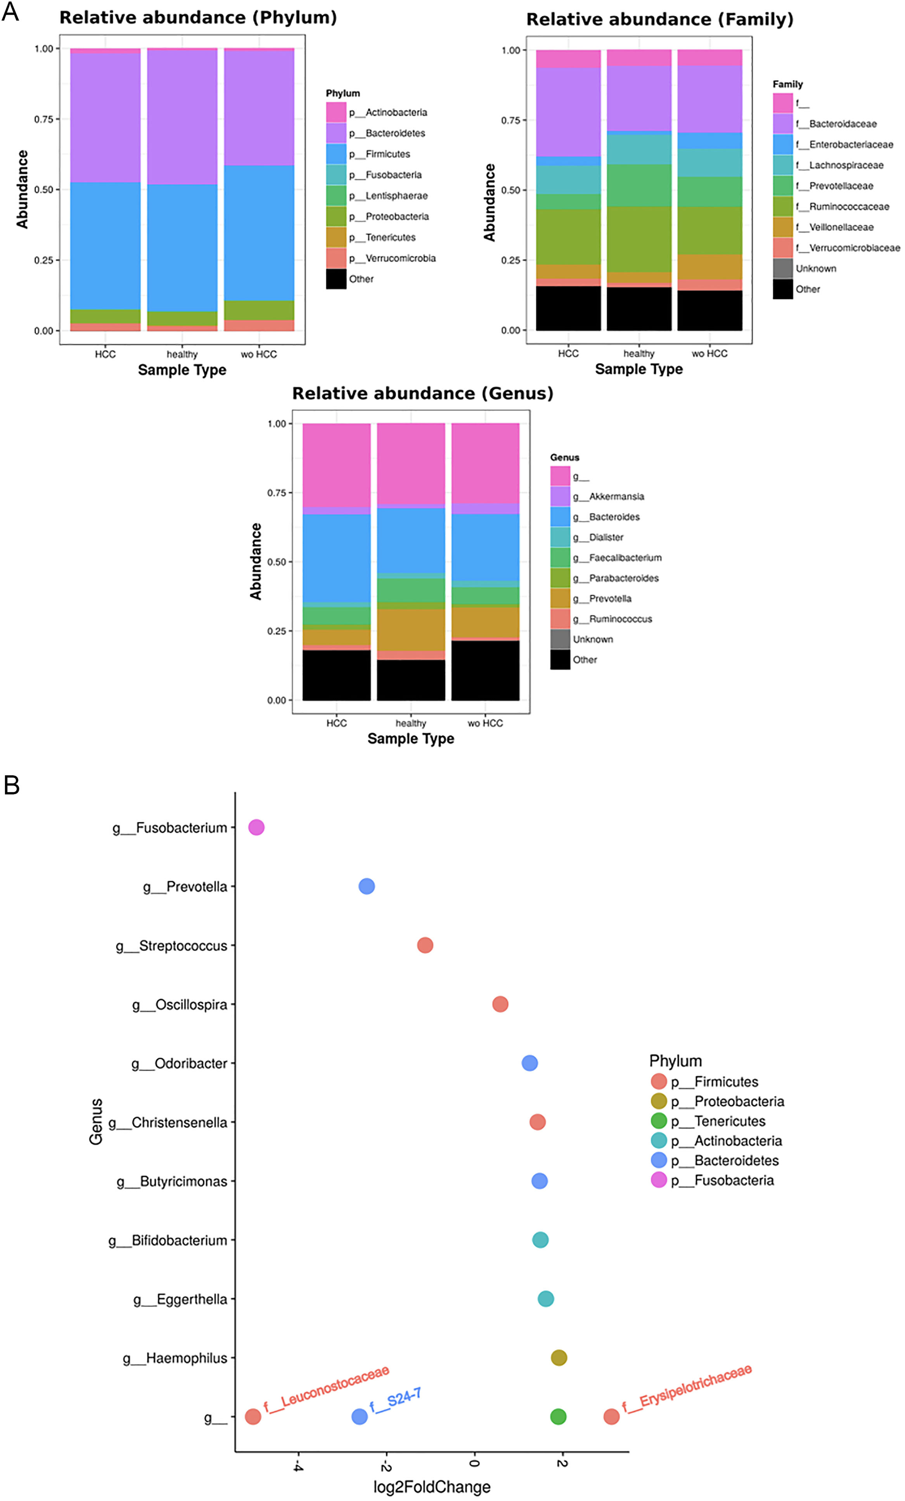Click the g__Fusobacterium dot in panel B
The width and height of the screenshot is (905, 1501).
pos(256,827)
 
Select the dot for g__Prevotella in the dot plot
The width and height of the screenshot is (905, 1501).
pos(366,886)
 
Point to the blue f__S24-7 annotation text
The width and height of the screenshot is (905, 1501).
pos(395,1400)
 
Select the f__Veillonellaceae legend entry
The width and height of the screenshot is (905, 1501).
pos(841,227)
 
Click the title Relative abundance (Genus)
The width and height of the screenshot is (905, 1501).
pos(422,394)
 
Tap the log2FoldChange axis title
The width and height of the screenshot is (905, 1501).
pos(431,1487)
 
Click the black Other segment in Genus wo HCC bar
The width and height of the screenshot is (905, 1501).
pos(485,670)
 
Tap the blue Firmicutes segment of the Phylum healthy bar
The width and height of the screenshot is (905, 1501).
pos(182,248)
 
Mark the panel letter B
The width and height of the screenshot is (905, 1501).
pos(12,785)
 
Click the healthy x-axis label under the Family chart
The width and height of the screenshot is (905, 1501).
pos(639,353)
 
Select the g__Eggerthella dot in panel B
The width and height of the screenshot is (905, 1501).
pos(545,1299)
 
